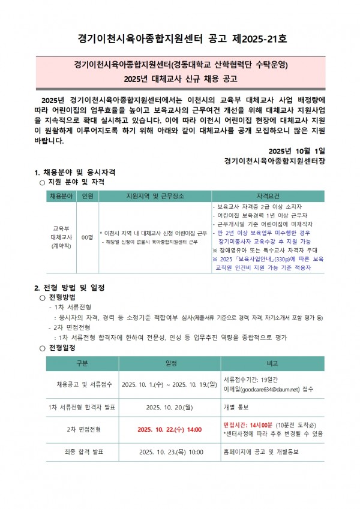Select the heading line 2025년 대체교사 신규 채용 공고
point(180,78)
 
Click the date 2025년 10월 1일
point(297,150)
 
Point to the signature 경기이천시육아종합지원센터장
point(274,161)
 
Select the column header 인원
point(87,197)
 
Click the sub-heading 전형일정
point(62,348)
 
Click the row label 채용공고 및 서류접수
point(82,384)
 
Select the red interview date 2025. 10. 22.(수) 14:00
point(169,429)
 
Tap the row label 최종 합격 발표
point(82,451)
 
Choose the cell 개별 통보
point(238,407)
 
